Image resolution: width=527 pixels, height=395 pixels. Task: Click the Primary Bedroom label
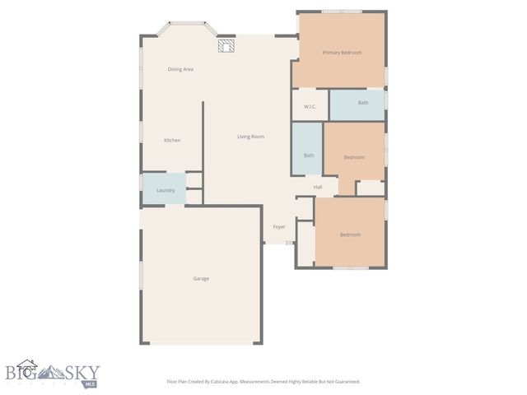(342, 53)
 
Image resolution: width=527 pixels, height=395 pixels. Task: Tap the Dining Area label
(180, 69)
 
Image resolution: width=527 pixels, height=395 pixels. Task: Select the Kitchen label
(172, 141)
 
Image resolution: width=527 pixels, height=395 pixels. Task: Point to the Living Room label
(250, 137)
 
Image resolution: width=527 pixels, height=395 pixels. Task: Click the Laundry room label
(166, 190)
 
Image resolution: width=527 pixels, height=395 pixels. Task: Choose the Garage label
(201, 279)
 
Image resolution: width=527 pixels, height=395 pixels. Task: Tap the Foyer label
(279, 226)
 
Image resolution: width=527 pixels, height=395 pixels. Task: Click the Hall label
(318, 188)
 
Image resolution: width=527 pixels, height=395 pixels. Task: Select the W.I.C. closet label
(310, 106)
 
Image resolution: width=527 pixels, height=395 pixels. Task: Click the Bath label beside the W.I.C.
(363, 103)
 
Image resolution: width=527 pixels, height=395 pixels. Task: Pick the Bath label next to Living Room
(309, 156)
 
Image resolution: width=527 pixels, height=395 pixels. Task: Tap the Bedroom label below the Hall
(350, 235)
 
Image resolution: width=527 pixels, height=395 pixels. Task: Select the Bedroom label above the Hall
(354, 157)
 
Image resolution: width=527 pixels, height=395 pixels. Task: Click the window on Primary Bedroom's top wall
(342, 12)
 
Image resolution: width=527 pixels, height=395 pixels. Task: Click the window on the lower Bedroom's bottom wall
(350, 268)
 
